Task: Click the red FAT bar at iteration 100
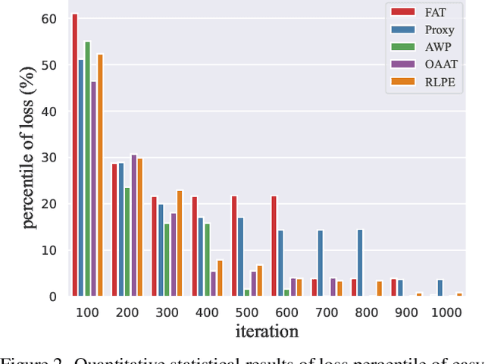[74, 155]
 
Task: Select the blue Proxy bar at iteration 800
[360, 262]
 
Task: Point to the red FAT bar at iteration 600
[274, 246]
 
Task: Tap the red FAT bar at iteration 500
[234, 246]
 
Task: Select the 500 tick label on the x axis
[247, 311]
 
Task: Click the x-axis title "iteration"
[267, 331]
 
